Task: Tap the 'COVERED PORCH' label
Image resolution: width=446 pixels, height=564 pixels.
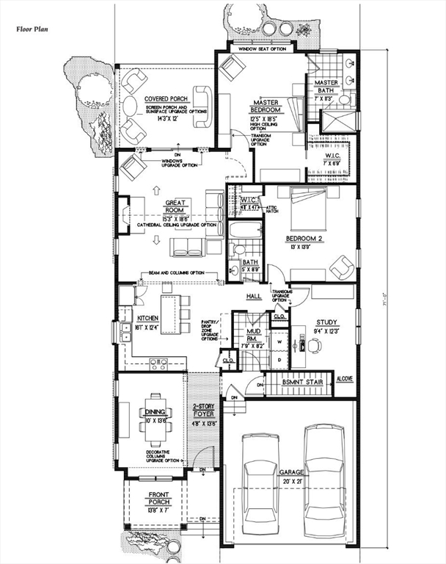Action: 166,98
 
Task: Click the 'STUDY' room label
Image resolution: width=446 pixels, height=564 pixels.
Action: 326,322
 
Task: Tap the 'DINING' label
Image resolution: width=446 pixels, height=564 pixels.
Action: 154,413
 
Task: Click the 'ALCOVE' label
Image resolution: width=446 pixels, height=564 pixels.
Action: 345,379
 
